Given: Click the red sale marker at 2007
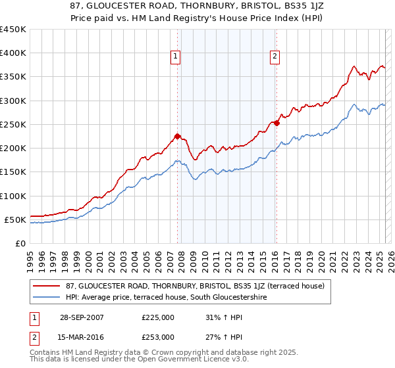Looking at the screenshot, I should (x=177, y=137).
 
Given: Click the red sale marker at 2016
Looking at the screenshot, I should (x=276, y=123).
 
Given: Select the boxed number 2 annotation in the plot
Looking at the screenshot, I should (x=274, y=57).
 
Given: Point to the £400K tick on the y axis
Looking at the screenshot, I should (x=13, y=53).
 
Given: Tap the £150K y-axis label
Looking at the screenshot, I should (x=13, y=172).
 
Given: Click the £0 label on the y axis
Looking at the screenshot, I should (x=20, y=243).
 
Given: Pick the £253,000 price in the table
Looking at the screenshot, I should (x=158, y=336).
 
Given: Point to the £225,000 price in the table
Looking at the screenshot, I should (x=158, y=317).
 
